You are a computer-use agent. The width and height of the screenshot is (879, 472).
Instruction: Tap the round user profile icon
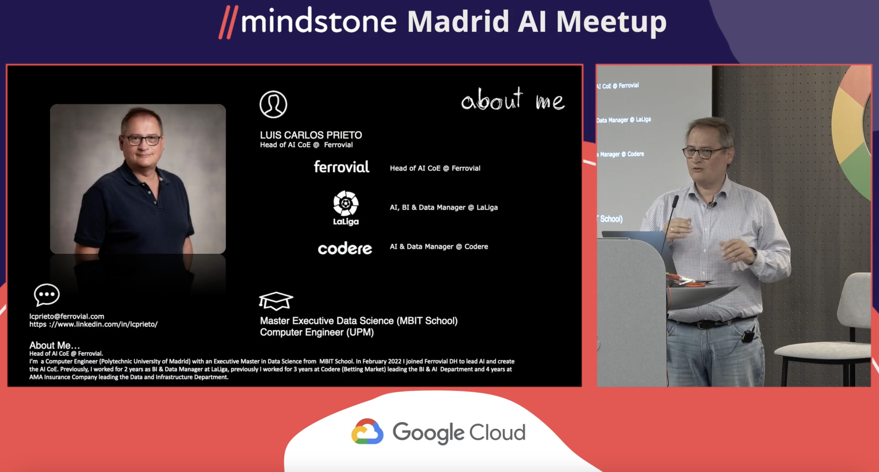tap(273, 105)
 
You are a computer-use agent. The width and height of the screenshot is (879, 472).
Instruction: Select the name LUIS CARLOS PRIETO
tap(311, 135)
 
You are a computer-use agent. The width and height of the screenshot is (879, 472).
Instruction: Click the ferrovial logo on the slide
tap(341, 167)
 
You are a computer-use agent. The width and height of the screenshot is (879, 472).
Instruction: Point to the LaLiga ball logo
tap(346, 203)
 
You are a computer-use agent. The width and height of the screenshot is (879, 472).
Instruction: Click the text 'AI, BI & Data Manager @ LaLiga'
tap(444, 207)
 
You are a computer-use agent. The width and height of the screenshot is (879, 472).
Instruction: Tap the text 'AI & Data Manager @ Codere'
tap(439, 246)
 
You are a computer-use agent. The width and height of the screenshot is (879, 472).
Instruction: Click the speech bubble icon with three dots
tap(47, 295)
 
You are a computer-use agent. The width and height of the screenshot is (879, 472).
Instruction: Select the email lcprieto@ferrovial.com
tap(67, 317)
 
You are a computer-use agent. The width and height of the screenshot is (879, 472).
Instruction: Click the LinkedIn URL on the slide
tap(93, 324)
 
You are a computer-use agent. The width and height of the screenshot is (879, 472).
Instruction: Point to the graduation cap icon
tap(276, 301)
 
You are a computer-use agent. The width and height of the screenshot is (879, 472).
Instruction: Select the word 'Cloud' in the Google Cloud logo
tap(497, 432)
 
